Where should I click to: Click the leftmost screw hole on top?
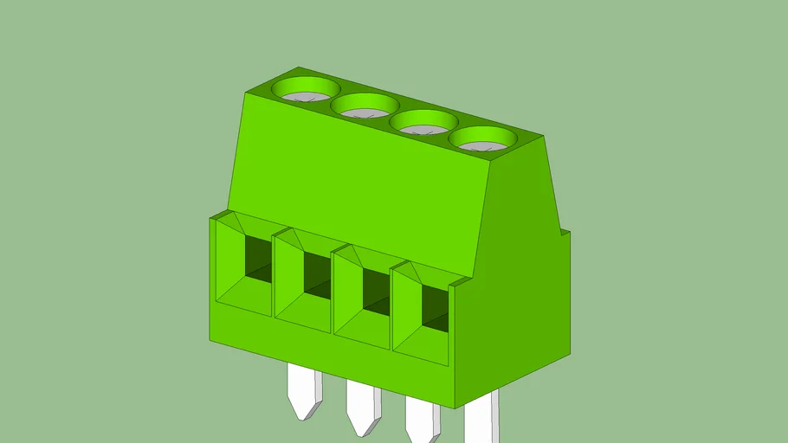pos(307,88)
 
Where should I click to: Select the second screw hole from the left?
pos(365,106)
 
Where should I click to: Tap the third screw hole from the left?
pos(423,124)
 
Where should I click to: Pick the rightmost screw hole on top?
pos(482,139)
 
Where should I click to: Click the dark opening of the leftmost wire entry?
pos(258,258)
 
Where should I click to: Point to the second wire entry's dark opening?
pos(317,276)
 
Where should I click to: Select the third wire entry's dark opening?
pos(375,292)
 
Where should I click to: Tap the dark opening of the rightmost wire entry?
pos(435,309)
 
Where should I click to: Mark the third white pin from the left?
pos(422,421)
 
